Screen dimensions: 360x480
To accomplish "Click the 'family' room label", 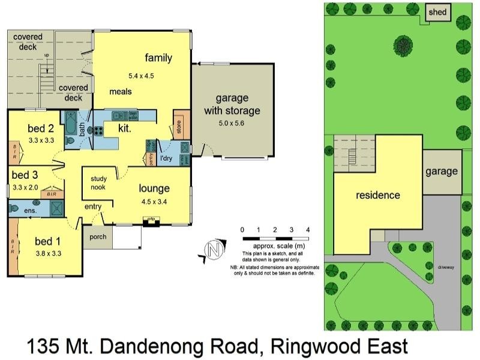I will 158,58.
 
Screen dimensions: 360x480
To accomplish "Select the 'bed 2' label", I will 41,128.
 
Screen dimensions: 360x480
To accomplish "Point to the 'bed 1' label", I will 48,241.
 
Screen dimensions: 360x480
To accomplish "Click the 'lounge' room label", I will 154,188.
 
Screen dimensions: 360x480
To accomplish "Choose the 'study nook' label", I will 98,182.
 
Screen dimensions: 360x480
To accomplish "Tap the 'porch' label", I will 97,236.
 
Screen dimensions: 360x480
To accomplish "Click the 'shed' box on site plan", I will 436,13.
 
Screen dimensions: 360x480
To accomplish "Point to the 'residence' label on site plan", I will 378,195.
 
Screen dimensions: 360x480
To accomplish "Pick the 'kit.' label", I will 124,128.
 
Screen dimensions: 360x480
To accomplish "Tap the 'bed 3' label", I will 25,175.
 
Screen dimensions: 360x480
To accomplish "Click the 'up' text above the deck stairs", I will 46,56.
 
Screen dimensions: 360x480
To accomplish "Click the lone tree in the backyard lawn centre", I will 403,43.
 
